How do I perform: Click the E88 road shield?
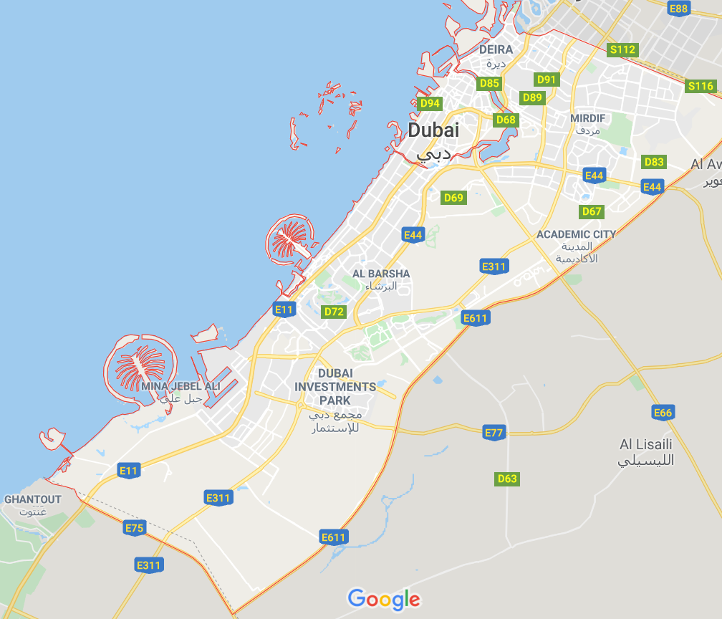(x=678, y=9)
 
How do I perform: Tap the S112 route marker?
(x=622, y=49)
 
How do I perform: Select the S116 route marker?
(x=700, y=86)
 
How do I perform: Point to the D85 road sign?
(x=489, y=83)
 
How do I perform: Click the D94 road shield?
(x=430, y=103)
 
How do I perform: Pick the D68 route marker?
(x=506, y=119)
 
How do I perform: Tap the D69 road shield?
(x=453, y=197)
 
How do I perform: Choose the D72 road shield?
(x=334, y=312)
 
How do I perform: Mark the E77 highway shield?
(x=494, y=433)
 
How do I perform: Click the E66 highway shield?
(x=663, y=412)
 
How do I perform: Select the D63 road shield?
(x=506, y=479)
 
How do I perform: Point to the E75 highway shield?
(x=134, y=529)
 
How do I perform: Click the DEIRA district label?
(x=496, y=49)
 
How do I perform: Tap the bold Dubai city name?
(x=433, y=130)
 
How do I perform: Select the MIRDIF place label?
(x=587, y=117)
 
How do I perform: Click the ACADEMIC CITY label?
(x=576, y=234)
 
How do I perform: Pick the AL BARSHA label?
(x=381, y=274)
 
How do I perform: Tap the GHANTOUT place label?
(x=33, y=499)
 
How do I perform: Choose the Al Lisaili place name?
(x=647, y=444)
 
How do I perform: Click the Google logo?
(x=383, y=598)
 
